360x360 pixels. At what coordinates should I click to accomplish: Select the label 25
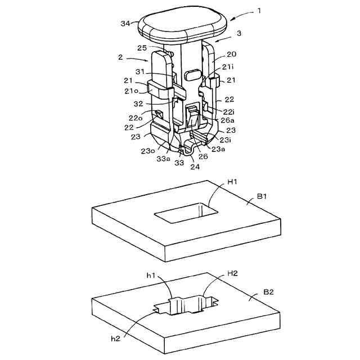pos(142,49)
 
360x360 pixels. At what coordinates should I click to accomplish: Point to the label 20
pos(231,55)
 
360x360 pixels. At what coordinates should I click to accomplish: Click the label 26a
pos(229,119)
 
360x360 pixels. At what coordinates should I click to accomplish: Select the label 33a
pos(164,159)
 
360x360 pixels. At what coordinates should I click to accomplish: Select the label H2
pos(232,273)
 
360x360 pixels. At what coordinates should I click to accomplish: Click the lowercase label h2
pos(115,338)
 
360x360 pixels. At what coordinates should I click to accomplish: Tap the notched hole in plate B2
pos(186,307)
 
